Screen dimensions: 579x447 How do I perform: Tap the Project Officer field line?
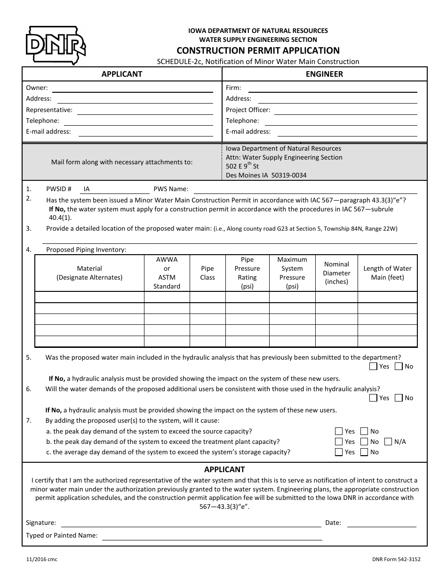(x=345, y=111)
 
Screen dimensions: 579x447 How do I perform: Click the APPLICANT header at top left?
(x=122, y=74)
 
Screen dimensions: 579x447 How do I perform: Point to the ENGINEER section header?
(x=324, y=74)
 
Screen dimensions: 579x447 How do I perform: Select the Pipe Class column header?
(x=207, y=273)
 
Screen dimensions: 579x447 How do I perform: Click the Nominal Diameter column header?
(x=336, y=273)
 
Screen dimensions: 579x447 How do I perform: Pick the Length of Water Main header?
(x=387, y=273)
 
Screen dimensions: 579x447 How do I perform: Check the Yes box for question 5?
(x=373, y=366)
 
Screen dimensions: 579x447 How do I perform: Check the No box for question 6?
(x=399, y=398)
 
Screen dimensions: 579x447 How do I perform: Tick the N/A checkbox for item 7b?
(x=388, y=442)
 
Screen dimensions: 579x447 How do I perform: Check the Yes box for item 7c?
(x=339, y=452)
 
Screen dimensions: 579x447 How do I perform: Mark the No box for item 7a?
(x=364, y=431)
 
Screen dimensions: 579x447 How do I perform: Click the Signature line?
(x=191, y=523)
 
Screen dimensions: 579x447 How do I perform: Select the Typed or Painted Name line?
(x=212, y=536)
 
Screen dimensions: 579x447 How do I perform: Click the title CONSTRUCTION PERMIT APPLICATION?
(x=258, y=50)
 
